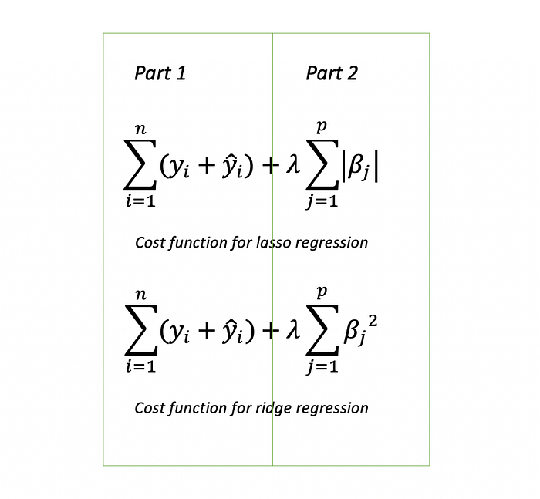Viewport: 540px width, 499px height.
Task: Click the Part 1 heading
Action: [x=160, y=73]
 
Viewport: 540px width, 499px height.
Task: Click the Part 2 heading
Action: [x=332, y=73]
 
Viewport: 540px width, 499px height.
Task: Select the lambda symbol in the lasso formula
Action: [x=292, y=168]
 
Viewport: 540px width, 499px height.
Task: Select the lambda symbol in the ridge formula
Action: [x=292, y=332]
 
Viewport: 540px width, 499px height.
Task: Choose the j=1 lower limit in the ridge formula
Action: [x=322, y=367]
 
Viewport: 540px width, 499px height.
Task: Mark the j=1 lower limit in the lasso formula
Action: [x=322, y=202]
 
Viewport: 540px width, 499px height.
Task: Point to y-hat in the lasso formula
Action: [x=228, y=167]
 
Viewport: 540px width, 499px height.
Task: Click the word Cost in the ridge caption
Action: [x=150, y=407]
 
